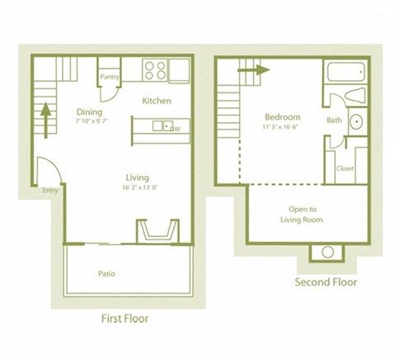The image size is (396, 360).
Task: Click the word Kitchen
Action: [x=157, y=101]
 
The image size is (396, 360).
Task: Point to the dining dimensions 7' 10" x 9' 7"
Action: [x=91, y=121]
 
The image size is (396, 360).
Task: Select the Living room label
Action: [x=136, y=177]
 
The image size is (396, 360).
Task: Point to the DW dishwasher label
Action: [x=175, y=128]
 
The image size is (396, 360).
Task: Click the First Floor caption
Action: [x=125, y=318]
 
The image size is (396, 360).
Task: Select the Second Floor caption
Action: [x=325, y=282]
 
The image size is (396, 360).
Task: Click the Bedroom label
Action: [x=282, y=116]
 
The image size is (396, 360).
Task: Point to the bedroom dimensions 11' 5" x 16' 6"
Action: [x=282, y=126]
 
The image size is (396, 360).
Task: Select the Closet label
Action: [x=345, y=168]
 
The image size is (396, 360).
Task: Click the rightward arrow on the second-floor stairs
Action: [x=253, y=71]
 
